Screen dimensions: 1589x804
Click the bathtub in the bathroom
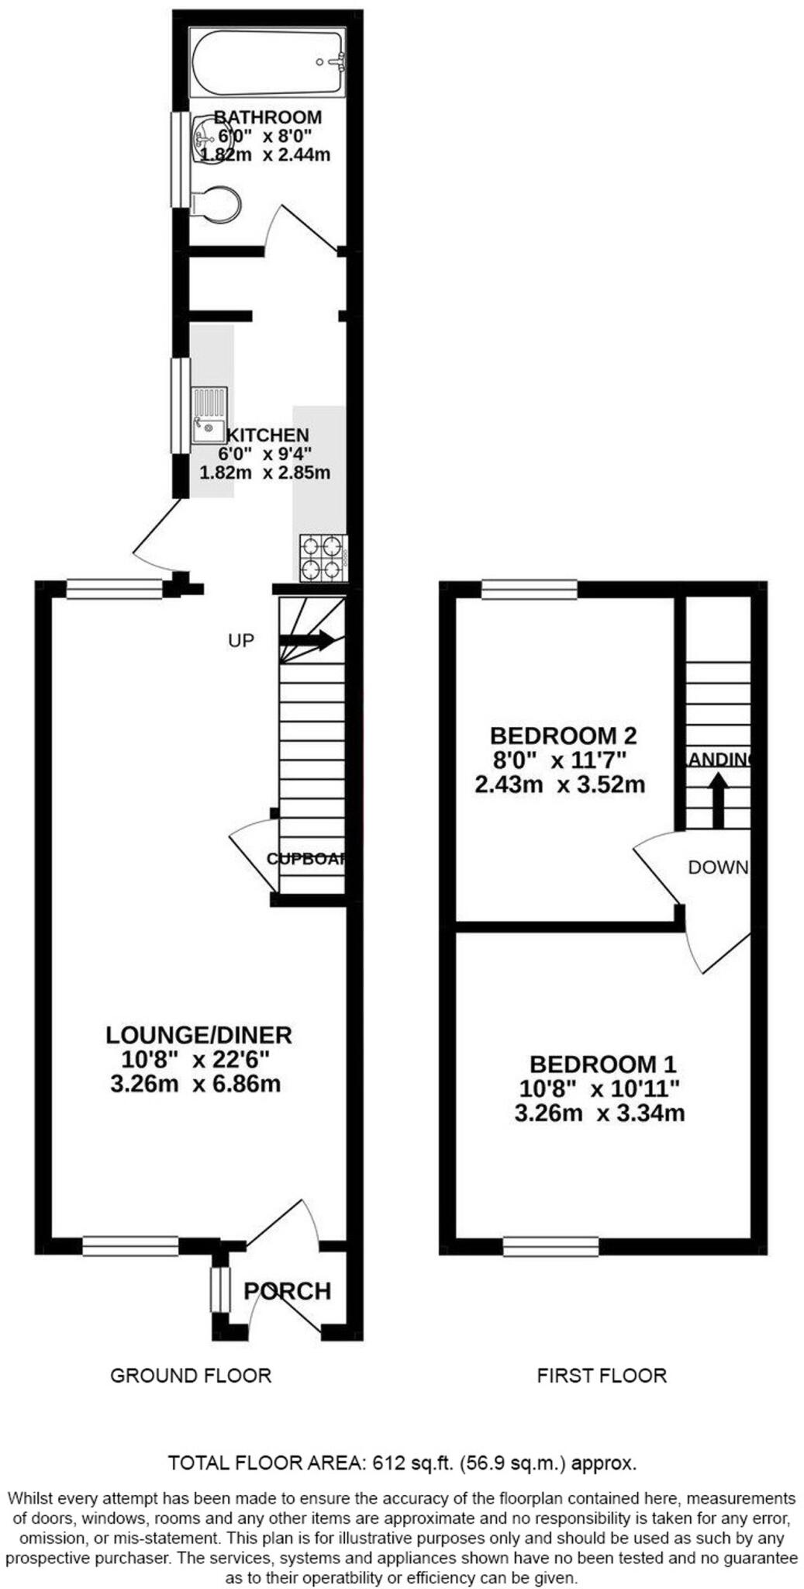pos(267,63)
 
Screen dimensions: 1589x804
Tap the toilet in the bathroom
pos(216,204)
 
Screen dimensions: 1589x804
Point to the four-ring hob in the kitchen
pos(323,557)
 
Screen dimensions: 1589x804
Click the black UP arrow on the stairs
pos(307,640)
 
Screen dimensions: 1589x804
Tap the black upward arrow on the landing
pos(718,801)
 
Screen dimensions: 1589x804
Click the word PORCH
pos(287,1290)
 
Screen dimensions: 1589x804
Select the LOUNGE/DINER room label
pos(198,1034)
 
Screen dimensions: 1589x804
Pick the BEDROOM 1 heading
pos(602,1064)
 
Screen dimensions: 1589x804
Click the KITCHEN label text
pos(267,435)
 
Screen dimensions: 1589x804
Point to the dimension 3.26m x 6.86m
pos(195,1083)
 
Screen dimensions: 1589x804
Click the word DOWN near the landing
pos(718,867)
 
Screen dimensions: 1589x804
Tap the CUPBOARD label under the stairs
pos(306,859)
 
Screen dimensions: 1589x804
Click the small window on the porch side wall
pos(220,1289)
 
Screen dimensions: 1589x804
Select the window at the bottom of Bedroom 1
pos(550,1246)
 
